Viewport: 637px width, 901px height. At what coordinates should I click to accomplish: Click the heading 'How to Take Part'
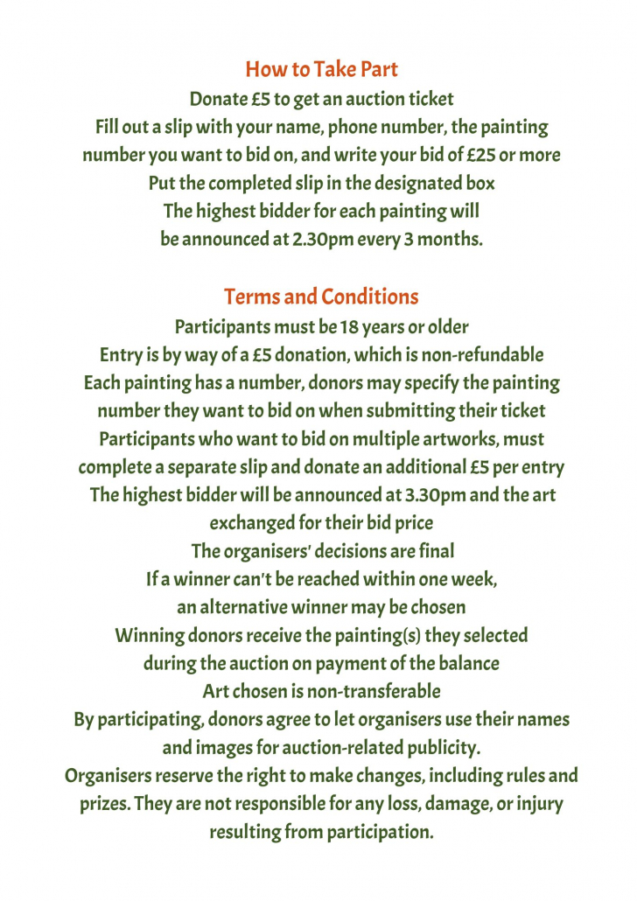coord(321,69)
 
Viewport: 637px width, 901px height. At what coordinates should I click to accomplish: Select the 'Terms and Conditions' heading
coord(321,297)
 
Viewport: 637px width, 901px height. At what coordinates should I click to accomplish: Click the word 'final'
coord(437,551)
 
